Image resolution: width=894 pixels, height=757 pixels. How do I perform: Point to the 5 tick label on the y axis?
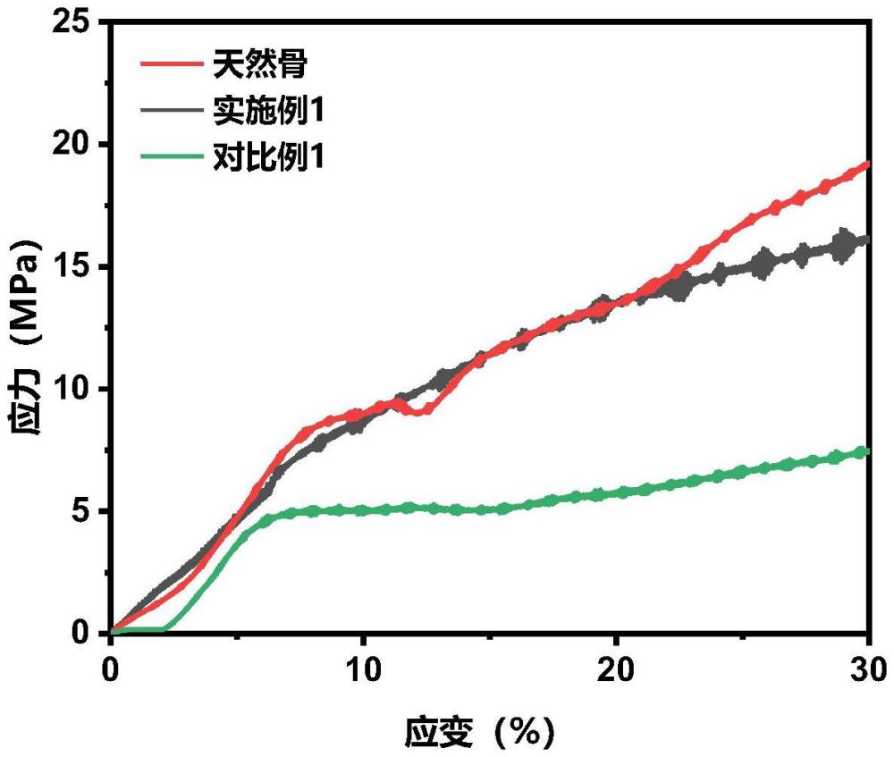click(x=83, y=511)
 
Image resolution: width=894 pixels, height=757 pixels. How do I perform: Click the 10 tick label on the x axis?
click(x=363, y=669)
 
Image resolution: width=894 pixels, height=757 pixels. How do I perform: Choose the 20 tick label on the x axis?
click(x=615, y=669)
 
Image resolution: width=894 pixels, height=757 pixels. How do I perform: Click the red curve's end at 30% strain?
click(x=866, y=165)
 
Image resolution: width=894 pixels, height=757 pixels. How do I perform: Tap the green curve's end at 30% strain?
click(x=865, y=452)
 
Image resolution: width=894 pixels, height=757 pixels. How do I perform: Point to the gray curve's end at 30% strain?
click(x=865, y=240)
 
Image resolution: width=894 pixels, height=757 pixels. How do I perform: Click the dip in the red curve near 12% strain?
click(x=422, y=411)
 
